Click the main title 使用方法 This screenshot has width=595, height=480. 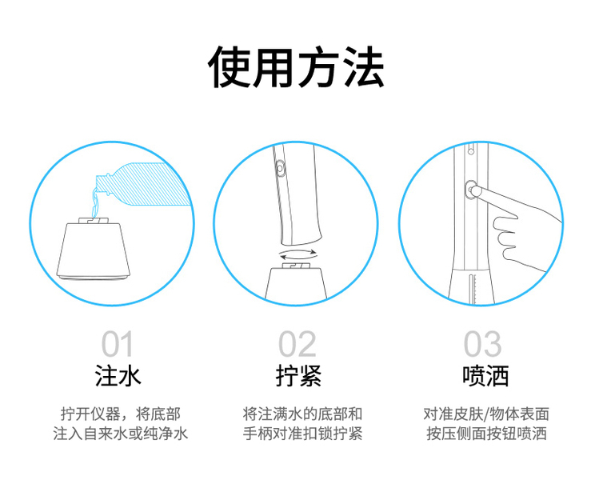point(297,67)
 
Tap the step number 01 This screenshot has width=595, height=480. point(118,344)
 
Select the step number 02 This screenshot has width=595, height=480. point(297,344)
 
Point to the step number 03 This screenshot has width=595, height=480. point(483,344)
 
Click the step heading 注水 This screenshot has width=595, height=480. point(118,376)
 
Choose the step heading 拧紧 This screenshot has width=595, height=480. point(298,376)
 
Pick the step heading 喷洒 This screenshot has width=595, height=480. point(485,376)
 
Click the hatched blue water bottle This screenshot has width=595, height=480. point(146,184)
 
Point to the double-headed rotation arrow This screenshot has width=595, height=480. point(297,252)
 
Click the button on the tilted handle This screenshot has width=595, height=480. point(281,167)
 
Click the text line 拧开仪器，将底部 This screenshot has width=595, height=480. point(121,414)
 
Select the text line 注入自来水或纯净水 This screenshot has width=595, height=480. point(121,434)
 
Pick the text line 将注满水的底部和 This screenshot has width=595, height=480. point(302,414)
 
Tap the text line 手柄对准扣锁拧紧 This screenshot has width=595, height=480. point(302,434)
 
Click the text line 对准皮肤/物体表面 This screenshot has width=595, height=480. point(486,414)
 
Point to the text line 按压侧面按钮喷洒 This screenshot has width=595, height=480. point(486,434)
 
